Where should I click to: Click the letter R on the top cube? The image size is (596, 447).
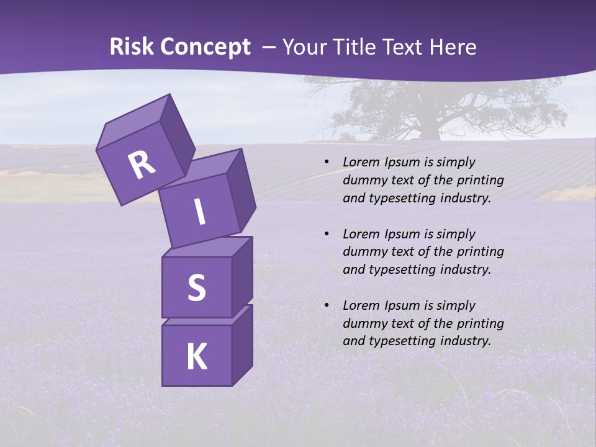point(142,165)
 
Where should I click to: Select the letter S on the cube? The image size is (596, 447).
point(196,287)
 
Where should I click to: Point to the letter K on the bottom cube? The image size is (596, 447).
point(196,357)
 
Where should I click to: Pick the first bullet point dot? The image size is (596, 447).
point(327,162)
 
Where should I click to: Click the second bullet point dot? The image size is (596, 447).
point(327,234)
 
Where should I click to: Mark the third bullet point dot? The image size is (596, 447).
point(327,305)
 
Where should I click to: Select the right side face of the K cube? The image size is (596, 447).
point(242,345)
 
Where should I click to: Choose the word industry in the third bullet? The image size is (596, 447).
point(462,341)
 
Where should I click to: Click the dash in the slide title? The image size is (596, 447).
point(269,47)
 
